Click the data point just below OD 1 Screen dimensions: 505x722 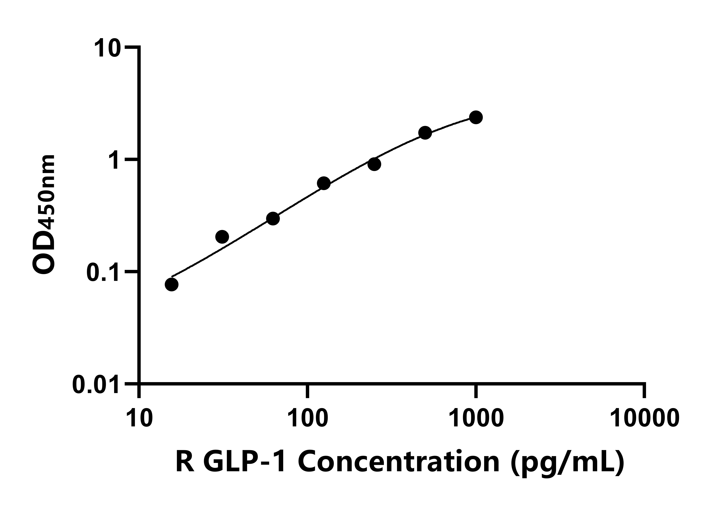[x=374, y=164]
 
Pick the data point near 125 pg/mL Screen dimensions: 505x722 [x=324, y=183]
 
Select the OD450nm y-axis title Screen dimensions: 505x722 [x=44, y=215]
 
